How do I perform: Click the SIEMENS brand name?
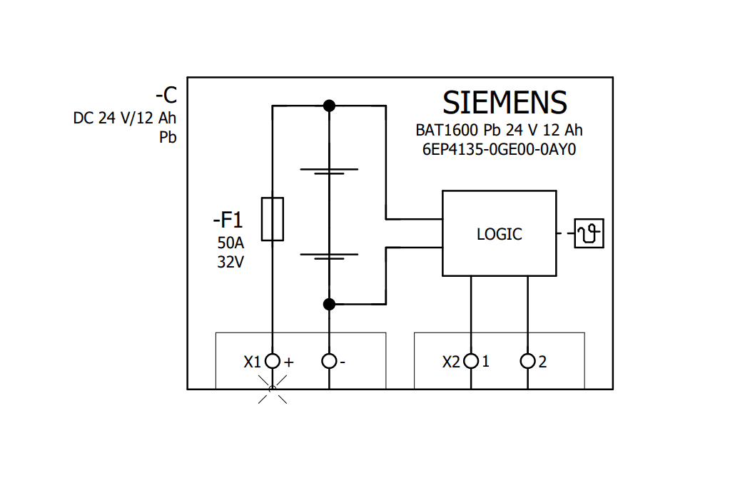pos(505,103)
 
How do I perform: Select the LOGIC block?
pos(499,233)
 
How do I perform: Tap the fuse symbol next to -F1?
pos(272,219)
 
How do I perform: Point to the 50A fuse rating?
pos(230,242)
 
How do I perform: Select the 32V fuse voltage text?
pos(230,262)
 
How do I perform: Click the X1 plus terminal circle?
pos(272,361)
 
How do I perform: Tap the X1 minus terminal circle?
pos(329,361)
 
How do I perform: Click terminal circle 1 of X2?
pos(470,361)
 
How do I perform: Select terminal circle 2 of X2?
pos(527,361)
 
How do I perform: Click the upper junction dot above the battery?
pos(329,106)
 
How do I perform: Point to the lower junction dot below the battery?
pos(329,305)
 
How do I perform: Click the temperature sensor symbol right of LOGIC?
pos(589,233)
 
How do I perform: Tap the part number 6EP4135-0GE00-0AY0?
pos(499,151)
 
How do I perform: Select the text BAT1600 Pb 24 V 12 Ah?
pos(499,131)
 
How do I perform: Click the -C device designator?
pos(166,96)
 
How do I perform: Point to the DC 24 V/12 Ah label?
pos(124,118)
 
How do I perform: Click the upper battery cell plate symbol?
pos(329,172)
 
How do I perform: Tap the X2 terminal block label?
pos(451,362)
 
